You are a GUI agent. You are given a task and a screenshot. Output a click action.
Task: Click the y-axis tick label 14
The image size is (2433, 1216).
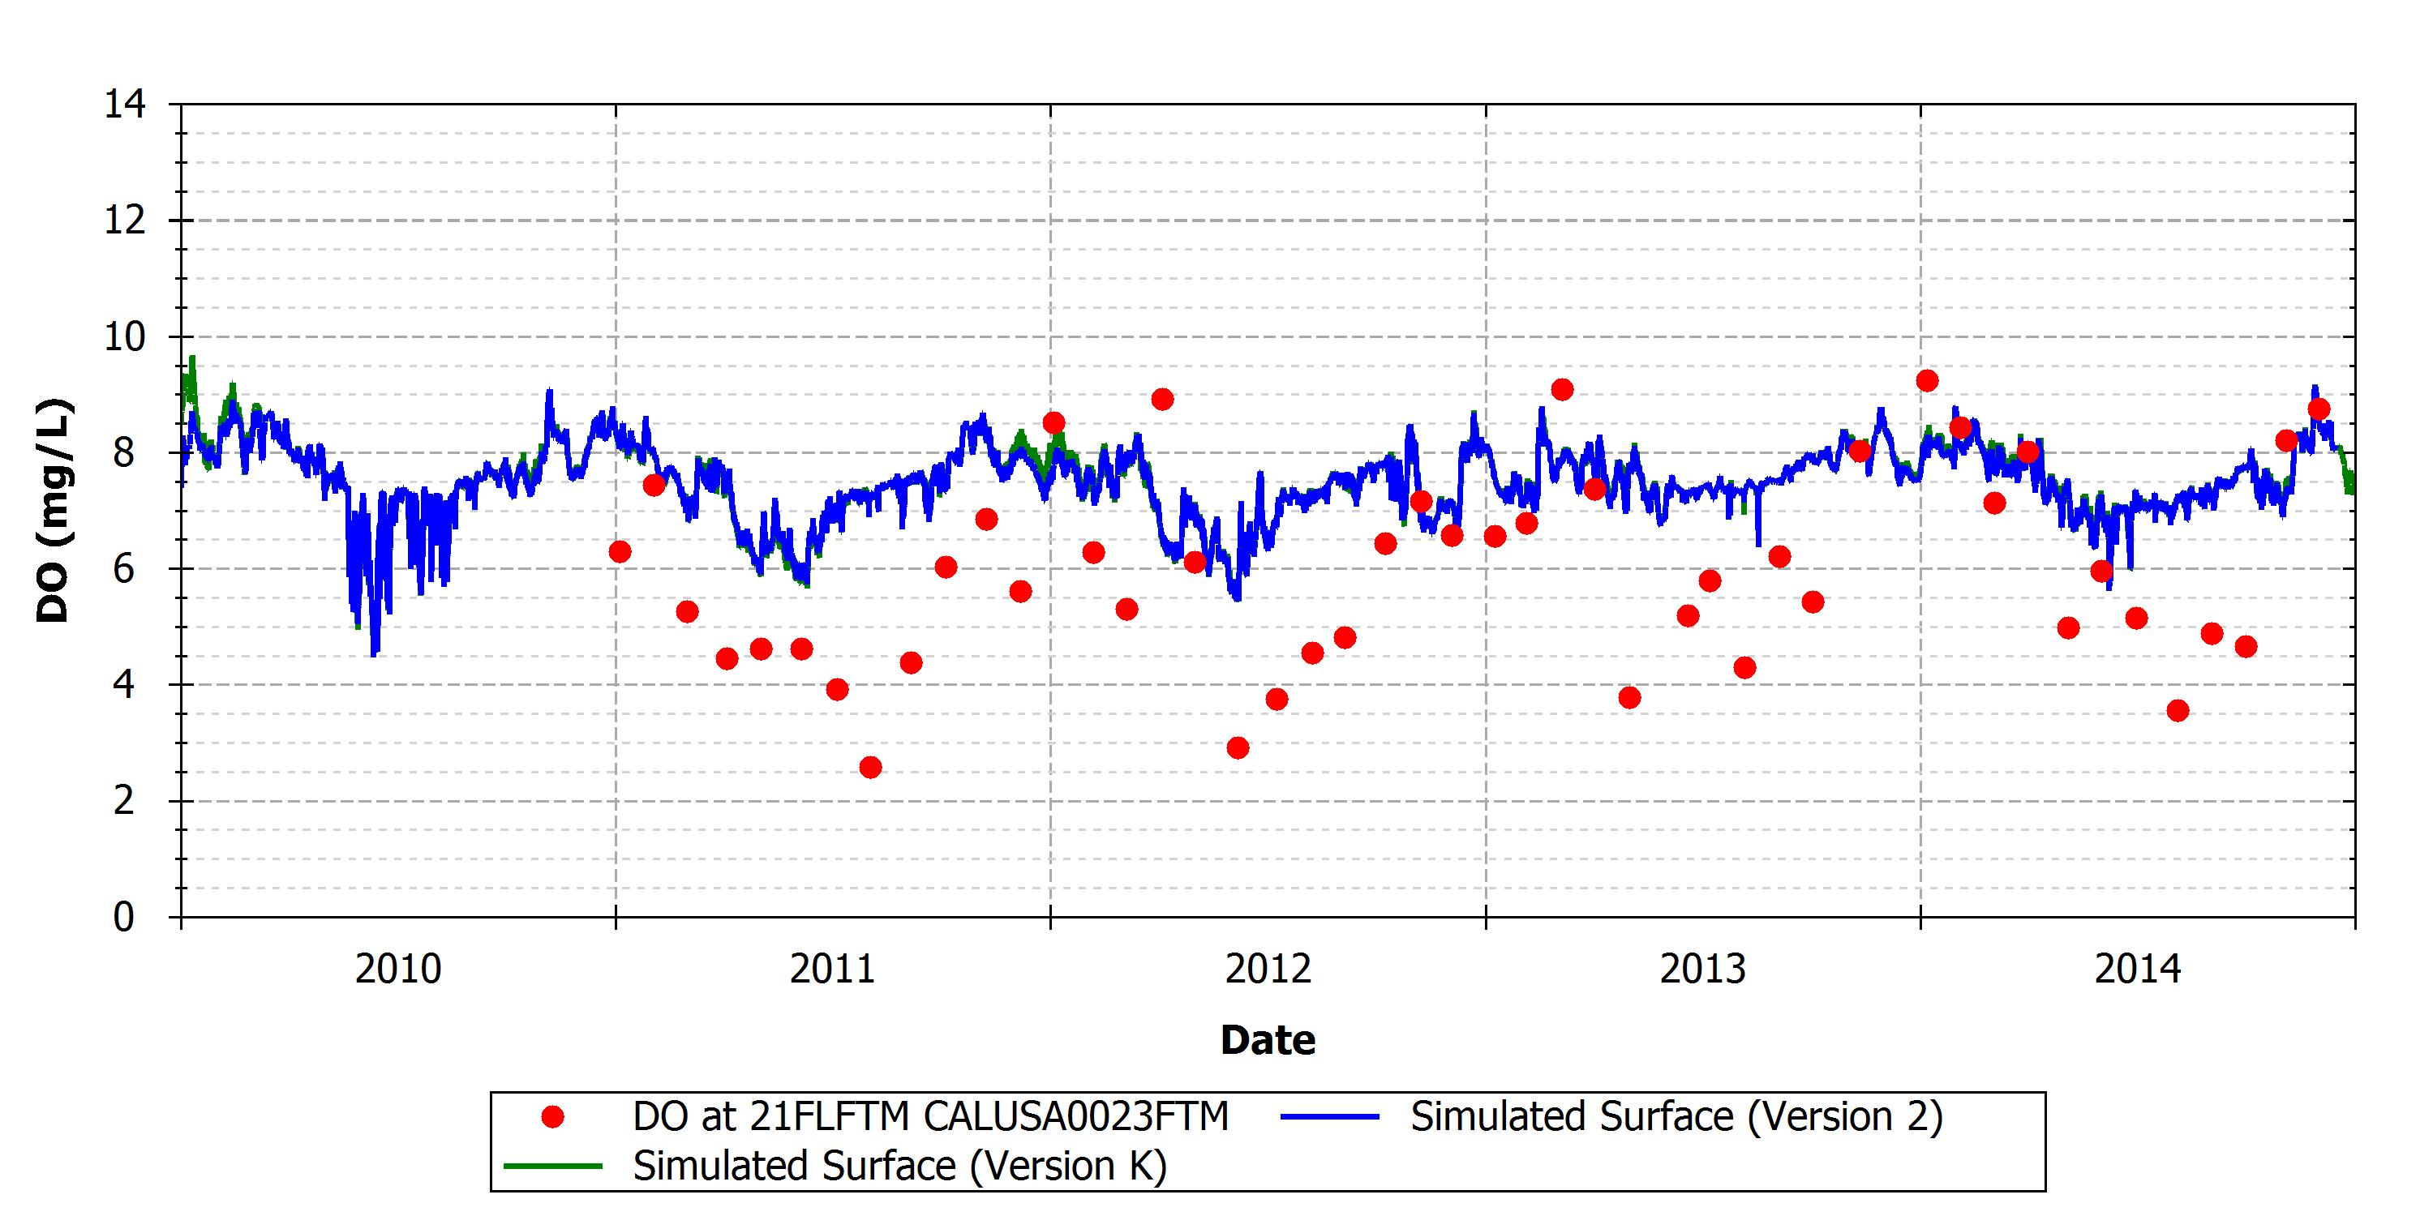pyautogui.click(x=125, y=104)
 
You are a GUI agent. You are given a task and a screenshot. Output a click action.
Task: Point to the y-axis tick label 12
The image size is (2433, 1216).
pyautogui.click(x=125, y=220)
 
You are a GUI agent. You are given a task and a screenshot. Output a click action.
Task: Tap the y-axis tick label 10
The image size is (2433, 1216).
pyautogui.click(x=125, y=336)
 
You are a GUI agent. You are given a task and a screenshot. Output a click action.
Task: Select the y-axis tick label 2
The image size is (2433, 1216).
pyautogui.click(x=125, y=801)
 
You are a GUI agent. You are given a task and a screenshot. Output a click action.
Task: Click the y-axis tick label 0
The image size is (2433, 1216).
pyautogui.click(x=125, y=917)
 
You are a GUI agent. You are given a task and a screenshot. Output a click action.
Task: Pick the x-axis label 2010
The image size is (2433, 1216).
pyautogui.click(x=397, y=970)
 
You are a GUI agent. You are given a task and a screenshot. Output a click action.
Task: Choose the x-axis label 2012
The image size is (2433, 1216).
pyautogui.click(x=1268, y=970)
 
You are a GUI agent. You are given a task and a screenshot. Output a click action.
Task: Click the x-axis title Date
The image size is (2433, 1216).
pyautogui.click(x=1268, y=1040)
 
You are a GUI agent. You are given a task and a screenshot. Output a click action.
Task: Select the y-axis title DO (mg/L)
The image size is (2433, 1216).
pyautogui.click(x=54, y=511)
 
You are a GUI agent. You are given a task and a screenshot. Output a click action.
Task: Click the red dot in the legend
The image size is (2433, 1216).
pyautogui.click(x=552, y=1118)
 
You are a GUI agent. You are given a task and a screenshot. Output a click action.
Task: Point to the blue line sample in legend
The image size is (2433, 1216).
pyautogui.click(x=1329, y=1118)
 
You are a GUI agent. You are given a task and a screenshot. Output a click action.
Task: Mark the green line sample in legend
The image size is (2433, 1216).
pyautogui.click(x=552, y=1167)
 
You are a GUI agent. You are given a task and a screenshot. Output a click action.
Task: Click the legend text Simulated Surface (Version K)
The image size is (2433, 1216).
pyautogui.click(x=900, y=1167)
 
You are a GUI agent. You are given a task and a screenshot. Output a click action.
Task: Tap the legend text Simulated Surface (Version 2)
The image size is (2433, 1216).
pyautogui.click(x=1676, y=1118)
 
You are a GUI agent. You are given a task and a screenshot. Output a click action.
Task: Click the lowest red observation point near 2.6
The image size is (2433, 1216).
pyautogui.click(x=871, y=768)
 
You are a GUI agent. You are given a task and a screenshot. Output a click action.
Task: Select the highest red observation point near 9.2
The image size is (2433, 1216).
pyautogui.click(x=1928, y=380)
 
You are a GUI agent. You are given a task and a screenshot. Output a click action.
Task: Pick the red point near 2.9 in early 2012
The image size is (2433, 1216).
pyautogui.click(x=1238, y=747)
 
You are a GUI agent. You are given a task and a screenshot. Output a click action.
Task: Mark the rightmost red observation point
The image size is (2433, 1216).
pyautogui.click(x=2319, y=409)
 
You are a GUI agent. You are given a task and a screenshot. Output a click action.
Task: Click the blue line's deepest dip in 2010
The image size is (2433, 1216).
pyautogui.click(x=374, y=654)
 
